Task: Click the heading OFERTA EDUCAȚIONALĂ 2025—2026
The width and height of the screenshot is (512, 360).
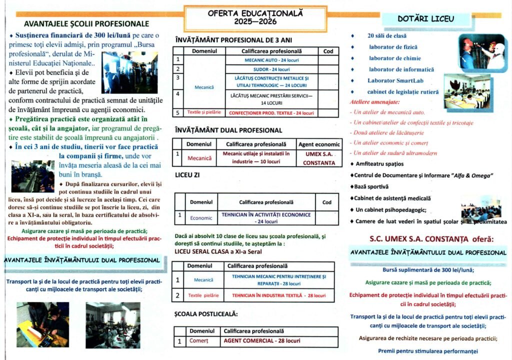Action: click(x=255, y=18)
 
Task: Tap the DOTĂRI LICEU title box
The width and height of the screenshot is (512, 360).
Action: click(x=426, y=19)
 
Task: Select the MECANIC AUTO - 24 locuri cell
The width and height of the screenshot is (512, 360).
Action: click(x=271, y=60)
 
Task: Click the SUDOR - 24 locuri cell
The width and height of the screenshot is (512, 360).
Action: click(x=271, y=69)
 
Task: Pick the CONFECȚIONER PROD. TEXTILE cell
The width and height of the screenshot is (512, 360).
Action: click(x=271, y=113)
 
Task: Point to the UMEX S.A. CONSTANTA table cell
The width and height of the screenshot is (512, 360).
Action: click(x=319, y=158)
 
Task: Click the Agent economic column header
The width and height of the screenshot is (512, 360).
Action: click(x=319, y=144)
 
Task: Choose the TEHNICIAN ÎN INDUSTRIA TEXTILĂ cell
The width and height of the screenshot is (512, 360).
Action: click(x=278, y=295)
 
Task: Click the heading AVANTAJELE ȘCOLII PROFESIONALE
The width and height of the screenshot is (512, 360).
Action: click(x=86, y=23)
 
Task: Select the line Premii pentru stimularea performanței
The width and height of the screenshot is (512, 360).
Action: click(x=428, y=350)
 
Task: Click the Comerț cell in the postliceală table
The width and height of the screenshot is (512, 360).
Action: click(x=198, y=341)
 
